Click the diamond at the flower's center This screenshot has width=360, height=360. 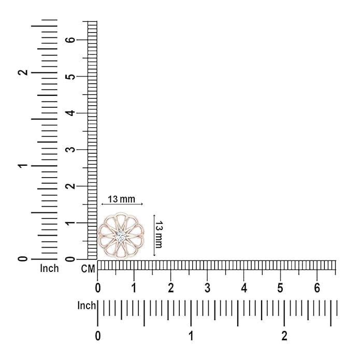[x=121, y=236]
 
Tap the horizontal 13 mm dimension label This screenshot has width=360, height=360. [x=122, y=199]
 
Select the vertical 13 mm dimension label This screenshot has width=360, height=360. [x=159, y=235]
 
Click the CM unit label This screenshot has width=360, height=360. [x=88, y=269]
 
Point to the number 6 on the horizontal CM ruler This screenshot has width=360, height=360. [x=317, y=287]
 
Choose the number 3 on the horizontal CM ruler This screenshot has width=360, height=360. [x=208, y=287]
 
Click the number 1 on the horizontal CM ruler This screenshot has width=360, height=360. [x=134, y=287]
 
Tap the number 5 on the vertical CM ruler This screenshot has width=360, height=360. [x=71, y=77]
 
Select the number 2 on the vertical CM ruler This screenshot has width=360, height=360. [x=71, y=186]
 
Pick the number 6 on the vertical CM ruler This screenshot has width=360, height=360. [x=71, y=40]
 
